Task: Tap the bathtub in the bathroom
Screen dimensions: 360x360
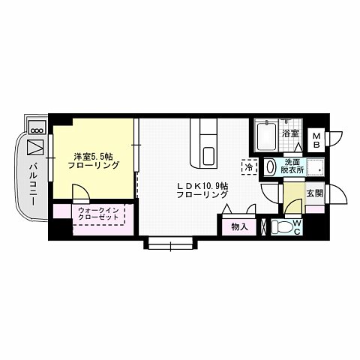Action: click(266, 137)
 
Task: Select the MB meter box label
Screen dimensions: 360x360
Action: click(316, 139)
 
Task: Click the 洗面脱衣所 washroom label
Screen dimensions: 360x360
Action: click(293, 166)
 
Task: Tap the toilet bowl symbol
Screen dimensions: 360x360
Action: click(281, 226)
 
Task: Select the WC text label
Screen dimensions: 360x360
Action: click(297, 226)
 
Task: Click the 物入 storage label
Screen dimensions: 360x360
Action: click(239, 226)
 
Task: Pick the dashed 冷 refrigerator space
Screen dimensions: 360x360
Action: click(247, 167)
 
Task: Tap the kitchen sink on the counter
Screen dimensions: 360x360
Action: click(208, 157)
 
